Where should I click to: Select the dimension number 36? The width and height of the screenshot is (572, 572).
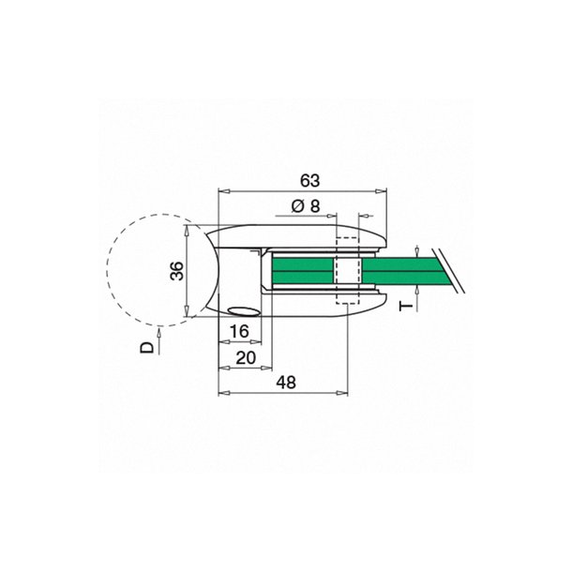[176, 271]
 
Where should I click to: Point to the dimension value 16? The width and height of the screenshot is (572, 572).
[238, 331]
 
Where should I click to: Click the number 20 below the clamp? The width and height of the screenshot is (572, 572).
[247, 357]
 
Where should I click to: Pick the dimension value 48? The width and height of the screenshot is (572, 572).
[286, 383]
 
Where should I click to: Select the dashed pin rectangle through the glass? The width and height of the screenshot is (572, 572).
[346, 272]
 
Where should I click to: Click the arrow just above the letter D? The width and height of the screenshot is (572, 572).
[162, 329]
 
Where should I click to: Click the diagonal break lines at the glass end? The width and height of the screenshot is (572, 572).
[450, 272]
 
